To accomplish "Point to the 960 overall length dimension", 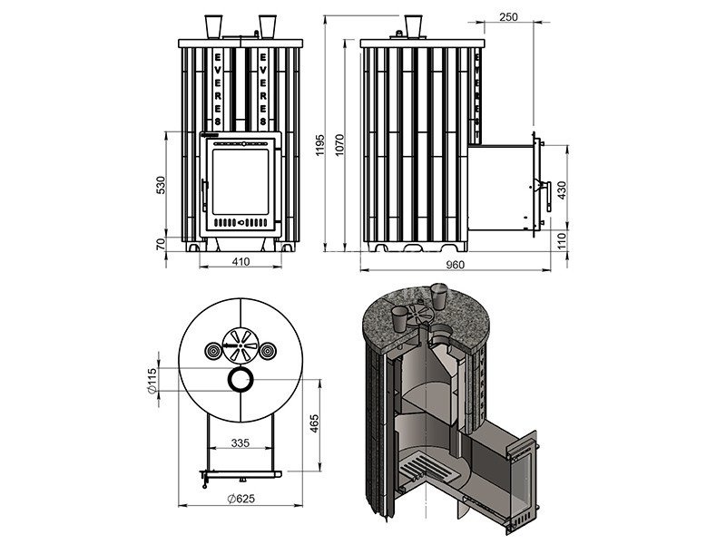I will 456,264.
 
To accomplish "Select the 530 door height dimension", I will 162,186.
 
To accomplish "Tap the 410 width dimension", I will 240,262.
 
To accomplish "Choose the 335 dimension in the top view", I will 240,443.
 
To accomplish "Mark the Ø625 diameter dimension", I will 240,498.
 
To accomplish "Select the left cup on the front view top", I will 214,24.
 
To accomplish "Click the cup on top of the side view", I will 413,24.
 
